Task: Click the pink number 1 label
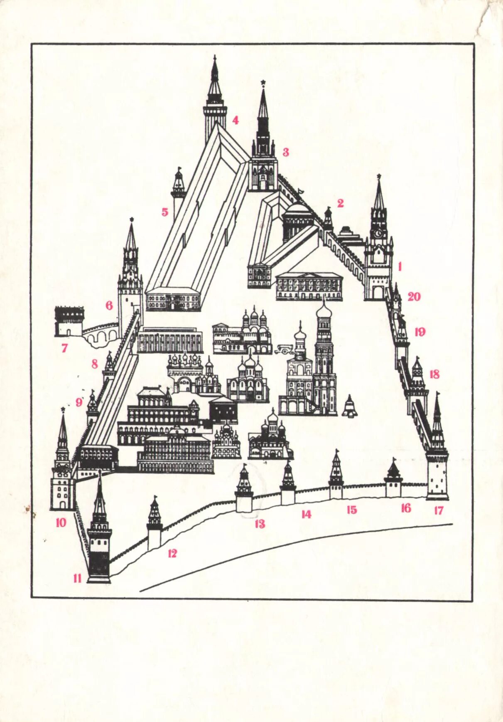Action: coord(400,266)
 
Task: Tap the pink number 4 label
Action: coord(236,121)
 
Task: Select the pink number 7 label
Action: coord(64,347)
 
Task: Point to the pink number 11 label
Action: coord(77,578)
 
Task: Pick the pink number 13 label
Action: coord(260,524)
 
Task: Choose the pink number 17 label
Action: coord(439,510)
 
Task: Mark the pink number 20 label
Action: coord(414,296)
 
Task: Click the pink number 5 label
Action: coord(165,212)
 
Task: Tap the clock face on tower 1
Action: coord(378,233)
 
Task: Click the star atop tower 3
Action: coord(263,82)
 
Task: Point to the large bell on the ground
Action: coord(350,407)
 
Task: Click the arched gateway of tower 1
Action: coord(378,293)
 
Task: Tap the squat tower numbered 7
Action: coord(69,320)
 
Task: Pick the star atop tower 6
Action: coord(132,219)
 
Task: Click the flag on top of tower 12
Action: coord(156,497)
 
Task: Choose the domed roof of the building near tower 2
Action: coord(298,210)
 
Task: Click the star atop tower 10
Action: coord(63,409)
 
